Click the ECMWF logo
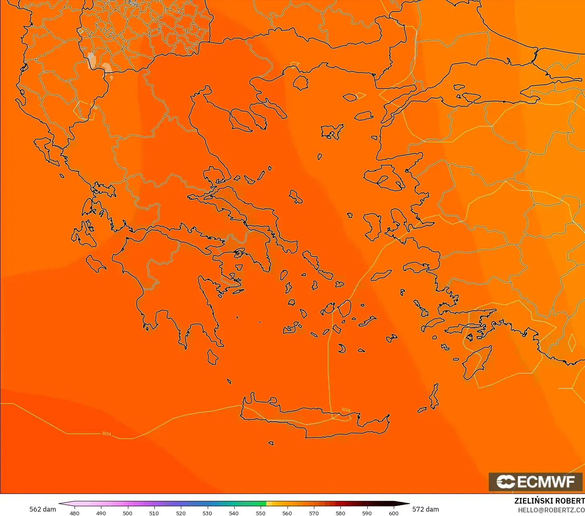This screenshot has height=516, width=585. coord(535,482)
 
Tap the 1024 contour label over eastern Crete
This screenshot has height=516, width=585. coord(346,410)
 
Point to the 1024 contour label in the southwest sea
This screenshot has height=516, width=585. coord(106,433)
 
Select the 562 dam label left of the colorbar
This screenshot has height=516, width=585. coord(43,509)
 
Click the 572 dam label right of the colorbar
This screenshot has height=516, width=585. coord(425,509)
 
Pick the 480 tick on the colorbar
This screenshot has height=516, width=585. coord(75,513)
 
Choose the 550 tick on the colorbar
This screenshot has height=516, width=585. coord(261,513)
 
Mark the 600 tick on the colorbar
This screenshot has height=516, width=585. coord(394,513)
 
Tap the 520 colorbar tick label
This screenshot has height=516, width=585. coord(181,513)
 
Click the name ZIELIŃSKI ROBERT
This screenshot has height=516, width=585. coord(549,501)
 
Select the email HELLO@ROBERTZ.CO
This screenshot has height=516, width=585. coord(551,510)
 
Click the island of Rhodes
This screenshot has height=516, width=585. coord(476,363)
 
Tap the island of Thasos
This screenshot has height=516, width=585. coord(300,83)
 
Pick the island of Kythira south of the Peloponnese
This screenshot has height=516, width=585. coord(213,357)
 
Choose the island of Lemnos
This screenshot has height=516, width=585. coord(332,132)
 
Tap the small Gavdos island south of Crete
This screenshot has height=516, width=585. coord(271,443)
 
